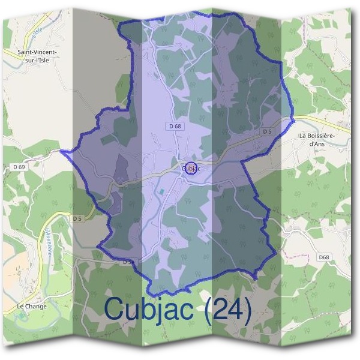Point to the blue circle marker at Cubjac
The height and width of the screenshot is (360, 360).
tap(191, 167)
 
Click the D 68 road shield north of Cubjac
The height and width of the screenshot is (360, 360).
tap(175, 126)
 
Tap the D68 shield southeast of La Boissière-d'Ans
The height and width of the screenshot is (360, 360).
tap(324, 257)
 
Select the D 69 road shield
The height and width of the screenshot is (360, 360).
tap(19, 166)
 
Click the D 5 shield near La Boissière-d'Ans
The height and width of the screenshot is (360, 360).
tap(268, 131)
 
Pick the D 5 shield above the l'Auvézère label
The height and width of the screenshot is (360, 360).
tap(77, 218)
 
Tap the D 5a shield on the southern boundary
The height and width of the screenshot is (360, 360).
tap(128, 262)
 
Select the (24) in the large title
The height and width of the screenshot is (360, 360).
tap(227, 309)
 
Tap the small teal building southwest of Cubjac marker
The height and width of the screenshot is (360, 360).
tap(161, 191)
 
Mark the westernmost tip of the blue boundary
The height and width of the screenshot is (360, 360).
tap(62, 151)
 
